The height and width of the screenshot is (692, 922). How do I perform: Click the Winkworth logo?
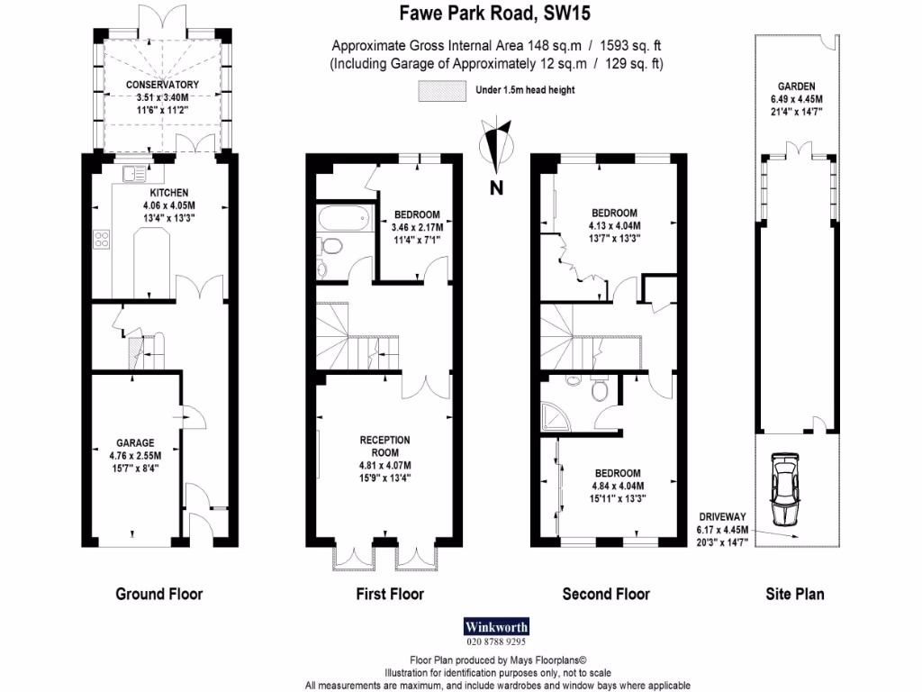point(496,626)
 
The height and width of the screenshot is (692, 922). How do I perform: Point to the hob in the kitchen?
point(102,241)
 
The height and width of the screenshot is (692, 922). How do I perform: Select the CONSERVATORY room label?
point(162,86)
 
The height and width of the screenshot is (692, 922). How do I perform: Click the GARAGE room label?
point(134,442)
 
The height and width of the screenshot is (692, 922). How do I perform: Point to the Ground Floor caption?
point(159,594)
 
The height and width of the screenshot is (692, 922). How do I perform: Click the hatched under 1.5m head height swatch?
point(440,89)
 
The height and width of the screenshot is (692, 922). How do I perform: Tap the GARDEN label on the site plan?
point(792,87)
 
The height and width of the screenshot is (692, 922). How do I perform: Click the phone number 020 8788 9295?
point(496,642)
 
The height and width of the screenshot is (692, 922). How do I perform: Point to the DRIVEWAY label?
point(724,516)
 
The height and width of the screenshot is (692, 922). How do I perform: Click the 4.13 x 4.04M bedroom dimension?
point(614,225)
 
